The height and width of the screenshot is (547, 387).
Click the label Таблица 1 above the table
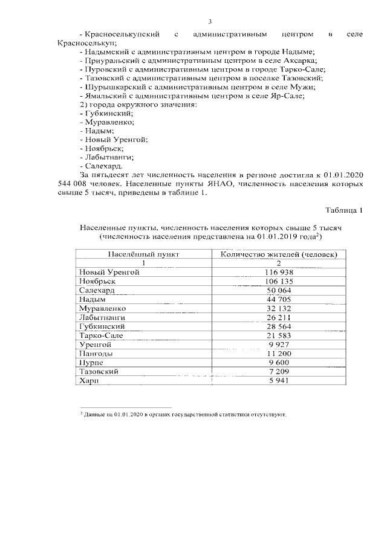pyautogui.click(x=344, y=210)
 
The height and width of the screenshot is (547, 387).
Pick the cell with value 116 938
pyautogui.click(x=279, y=273)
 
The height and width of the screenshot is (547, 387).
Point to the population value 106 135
pyautogui.click(x=279, y=282)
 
